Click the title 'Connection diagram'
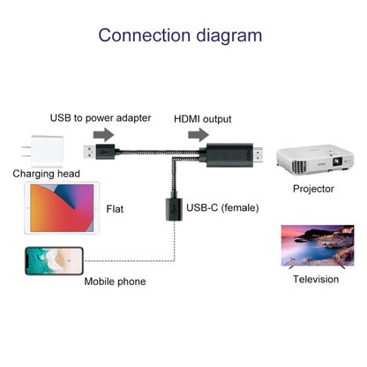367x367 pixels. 179,36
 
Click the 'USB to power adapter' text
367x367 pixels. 100,117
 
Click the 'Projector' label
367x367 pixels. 314,189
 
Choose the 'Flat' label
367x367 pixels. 115,209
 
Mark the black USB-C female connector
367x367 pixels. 169,211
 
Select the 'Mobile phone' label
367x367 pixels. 115,281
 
